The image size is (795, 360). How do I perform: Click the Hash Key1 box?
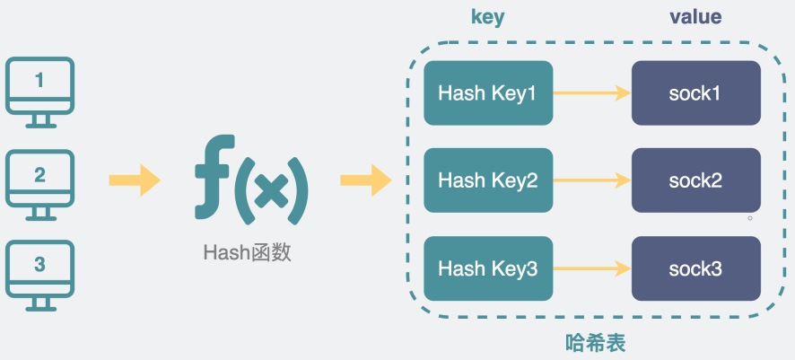[x=487, y=92]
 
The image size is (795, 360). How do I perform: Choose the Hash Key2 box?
[x=487, y=180]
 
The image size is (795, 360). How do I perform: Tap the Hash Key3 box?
[x=487, y=268]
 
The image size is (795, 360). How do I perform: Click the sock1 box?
[x=695, y=92]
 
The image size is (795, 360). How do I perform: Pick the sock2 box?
[x=695, y=180]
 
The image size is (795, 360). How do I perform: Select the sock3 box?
[x=695, y=268]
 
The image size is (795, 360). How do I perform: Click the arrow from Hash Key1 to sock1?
[x=591, y=92]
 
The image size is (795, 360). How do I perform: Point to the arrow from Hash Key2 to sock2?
[x=591, y=180]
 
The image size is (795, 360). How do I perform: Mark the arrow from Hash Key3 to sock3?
[x=591, y=268]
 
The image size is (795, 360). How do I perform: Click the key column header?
[x=488, y=18]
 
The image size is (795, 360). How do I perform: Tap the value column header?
[x=695, y=18]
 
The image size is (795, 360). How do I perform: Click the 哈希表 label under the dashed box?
[x=595, y=343]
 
